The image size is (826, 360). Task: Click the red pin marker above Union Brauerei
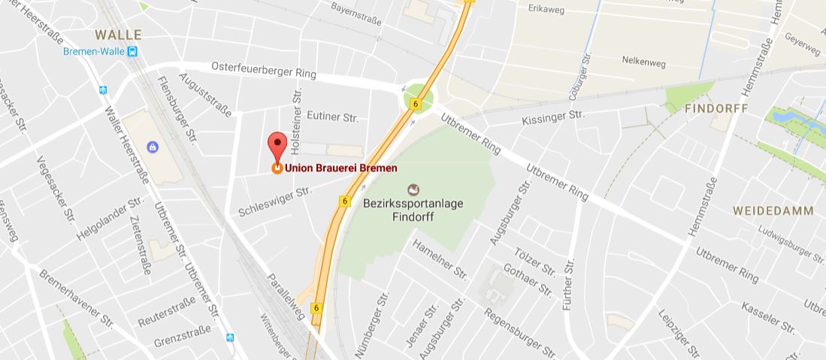[x=277, y=144]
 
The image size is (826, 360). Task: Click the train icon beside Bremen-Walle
[x=133, y=51]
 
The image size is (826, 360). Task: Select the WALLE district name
[x=118, y=35]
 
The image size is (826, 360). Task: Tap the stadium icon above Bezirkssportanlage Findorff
[x=412, y=189]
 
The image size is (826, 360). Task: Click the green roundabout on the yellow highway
[x=414, y=98]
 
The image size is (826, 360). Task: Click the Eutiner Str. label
[x=334, y=117]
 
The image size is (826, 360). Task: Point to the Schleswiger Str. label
[x=274, y=201]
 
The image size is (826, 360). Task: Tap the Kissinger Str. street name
[x=553, y=116]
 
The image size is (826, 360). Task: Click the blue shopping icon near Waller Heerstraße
[x=153, y=147]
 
